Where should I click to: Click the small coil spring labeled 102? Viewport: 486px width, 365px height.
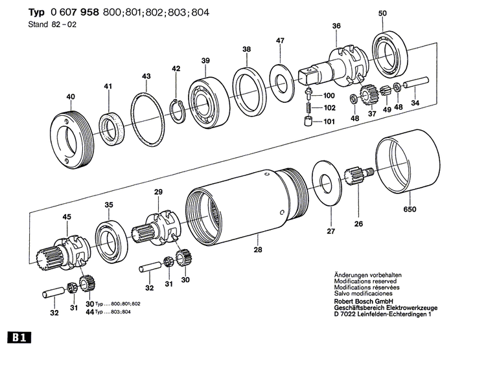point(310,107)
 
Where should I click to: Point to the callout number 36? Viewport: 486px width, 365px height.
point(336,26)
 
